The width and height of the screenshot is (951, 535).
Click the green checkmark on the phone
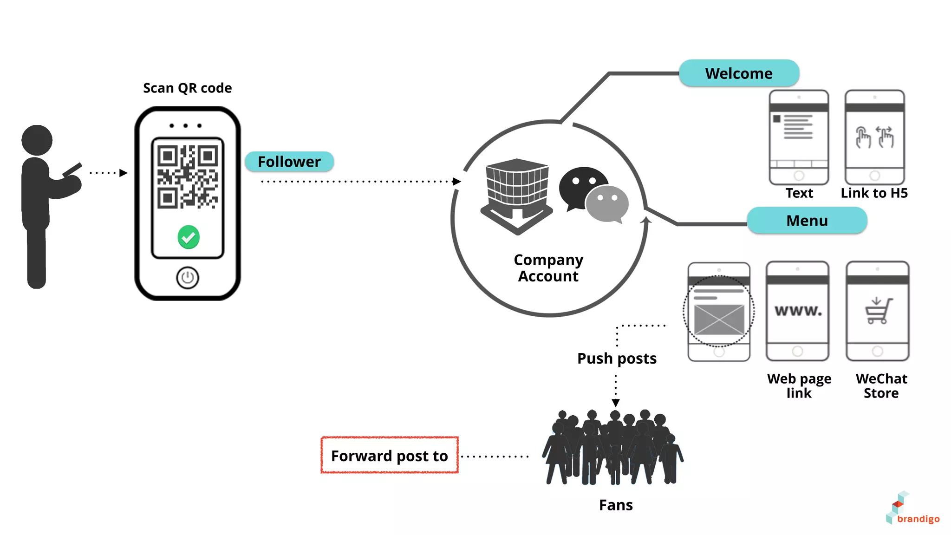pyautogui.click(x=189, y=237)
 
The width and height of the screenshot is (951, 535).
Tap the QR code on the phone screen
pyautogui.click(x=187, y=176)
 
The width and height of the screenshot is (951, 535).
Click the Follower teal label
pyautogui.click(x=289, y=162)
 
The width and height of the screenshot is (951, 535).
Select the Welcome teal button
pyautogui.click(x=738, y=73)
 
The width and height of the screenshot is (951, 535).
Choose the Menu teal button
pyautogui.click(x=807, y=221)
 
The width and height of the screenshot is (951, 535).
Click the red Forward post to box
pyautogui.click(x=389, y=456)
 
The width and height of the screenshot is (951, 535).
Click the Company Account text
pyautogui.click(x=548, y=268)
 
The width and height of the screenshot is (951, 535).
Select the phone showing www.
pyautogui.click(x=797, y=311)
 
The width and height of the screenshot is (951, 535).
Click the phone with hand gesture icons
pyautogui.click(x=874, y=137)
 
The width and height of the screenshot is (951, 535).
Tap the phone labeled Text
pyautogui.click(x=799, y=137)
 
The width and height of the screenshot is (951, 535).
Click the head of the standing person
pyautogui.click(x=37, y=140)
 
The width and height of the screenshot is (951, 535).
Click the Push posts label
pyautogui.click(x=617, y=359)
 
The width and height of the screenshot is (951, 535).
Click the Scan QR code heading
pyautogui.click(x=187, y=88)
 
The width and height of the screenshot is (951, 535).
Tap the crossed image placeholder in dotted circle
pyautogui.click(x=719, y=319)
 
